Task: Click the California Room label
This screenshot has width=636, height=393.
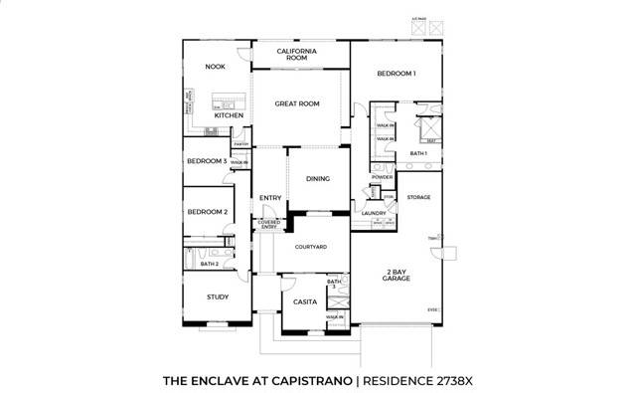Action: [297, 54]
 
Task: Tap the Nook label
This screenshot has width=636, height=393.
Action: [216, 67]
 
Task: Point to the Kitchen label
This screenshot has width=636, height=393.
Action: [229, 115]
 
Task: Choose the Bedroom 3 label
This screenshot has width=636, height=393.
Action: [208, 160]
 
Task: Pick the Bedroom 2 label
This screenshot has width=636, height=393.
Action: [208, 212]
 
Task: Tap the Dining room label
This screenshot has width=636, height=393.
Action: [318, 179]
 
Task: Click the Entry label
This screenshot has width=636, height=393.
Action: [270, 198]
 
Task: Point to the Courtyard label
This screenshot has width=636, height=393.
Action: [311, 246]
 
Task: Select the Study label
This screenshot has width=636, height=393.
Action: [218, 296]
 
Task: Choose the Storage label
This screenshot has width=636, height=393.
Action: [418, 197]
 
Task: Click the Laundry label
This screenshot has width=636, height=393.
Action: [374, 213]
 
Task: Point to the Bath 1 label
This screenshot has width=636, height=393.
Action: [418, 153]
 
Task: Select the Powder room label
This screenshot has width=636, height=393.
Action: [383, 177]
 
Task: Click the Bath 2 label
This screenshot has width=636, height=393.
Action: [209, 265]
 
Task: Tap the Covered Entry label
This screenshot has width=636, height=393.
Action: [269, 225]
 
